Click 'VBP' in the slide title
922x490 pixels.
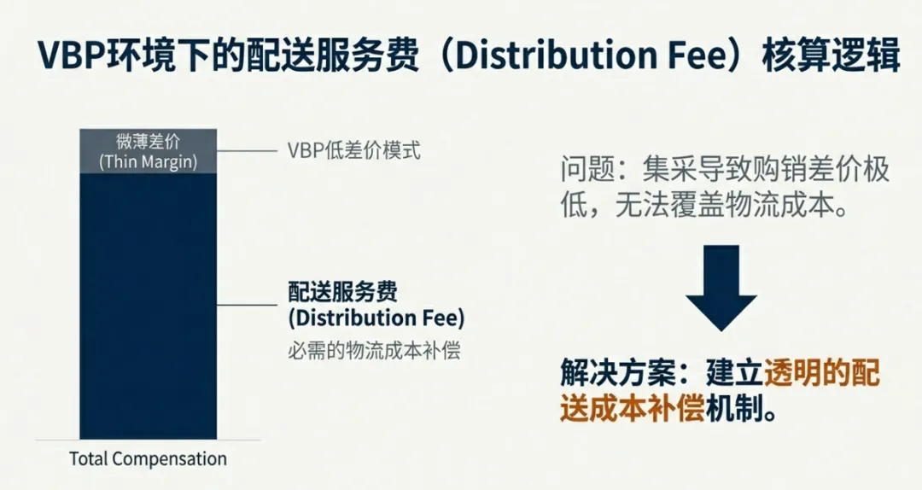tap(68, 55)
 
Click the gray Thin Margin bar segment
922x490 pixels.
tap(148, 151)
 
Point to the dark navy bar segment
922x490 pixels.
tap(148, 307)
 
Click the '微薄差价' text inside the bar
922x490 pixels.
tap(148, 142)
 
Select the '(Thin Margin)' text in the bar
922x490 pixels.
tap(148, 162)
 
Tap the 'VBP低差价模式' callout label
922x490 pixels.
tap(353, 152)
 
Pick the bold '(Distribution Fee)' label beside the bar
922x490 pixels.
tap(376, 318)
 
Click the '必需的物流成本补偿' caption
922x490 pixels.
tap(374, 350)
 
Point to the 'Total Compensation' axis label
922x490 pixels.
tap(148, 458)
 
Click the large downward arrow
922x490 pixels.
tap(721, 283)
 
